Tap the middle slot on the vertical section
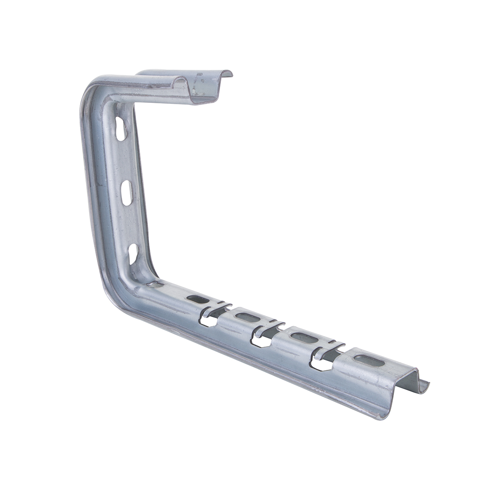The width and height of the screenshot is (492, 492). coord(127,193)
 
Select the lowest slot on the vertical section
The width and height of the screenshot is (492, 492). coord(133,253)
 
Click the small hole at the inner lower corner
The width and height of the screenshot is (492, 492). coord(155,284)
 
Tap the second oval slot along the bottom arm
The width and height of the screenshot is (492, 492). coord(246,317)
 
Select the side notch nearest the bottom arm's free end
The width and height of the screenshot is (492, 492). coord(321,364)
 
